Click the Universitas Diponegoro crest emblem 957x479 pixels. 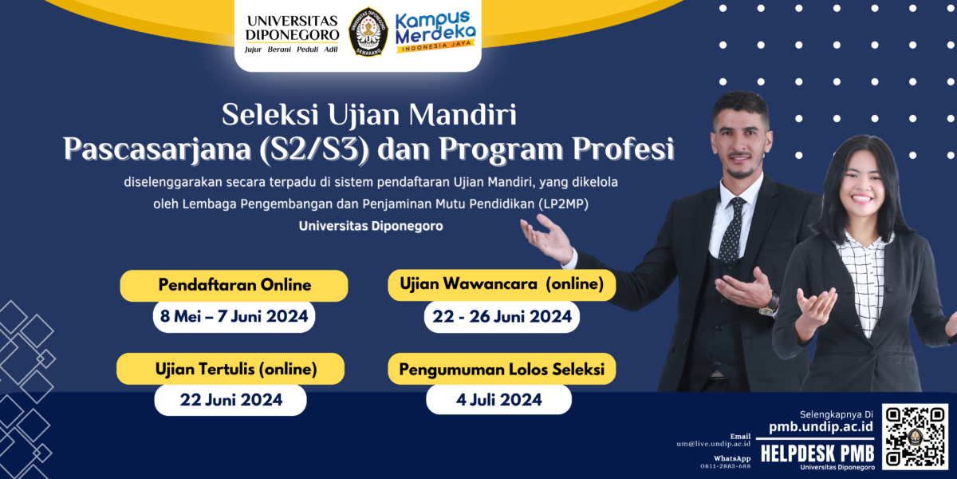(368, 32)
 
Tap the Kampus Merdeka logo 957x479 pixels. (436, 32)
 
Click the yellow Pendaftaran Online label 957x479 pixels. (234, 285)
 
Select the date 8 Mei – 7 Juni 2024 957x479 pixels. (234, 316)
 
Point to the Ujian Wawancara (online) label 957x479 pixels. (502, 284)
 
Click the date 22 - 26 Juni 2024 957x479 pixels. (502, 316)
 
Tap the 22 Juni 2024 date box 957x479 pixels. (230, 399)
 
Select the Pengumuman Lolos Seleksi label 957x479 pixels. (502, 369)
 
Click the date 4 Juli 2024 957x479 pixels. (498, 399)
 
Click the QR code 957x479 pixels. (916, 437)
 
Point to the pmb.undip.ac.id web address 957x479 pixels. (821, 427)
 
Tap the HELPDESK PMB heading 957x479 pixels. (817, 453)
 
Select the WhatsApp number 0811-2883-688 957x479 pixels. (725, 465)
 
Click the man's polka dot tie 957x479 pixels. (731, 231)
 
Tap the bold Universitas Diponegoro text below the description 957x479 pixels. (371, 226)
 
